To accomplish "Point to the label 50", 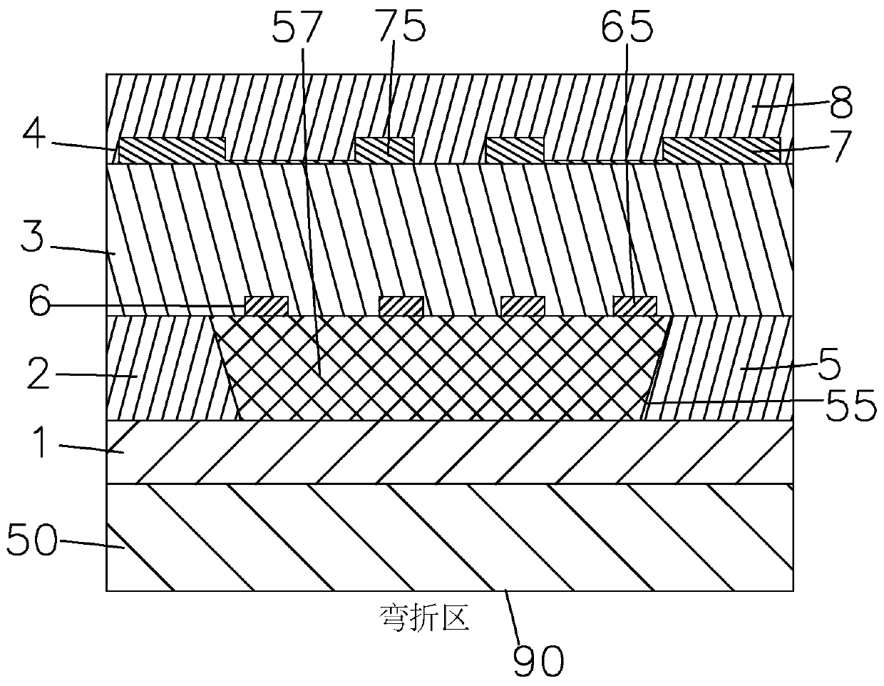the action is [32, 540].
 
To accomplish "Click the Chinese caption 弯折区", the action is [424, 618].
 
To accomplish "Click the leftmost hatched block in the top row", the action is [171, 149].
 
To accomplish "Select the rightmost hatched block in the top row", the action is [721, 149].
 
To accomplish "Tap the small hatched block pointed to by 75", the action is [384, 149].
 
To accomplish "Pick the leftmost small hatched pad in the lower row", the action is [267, 306].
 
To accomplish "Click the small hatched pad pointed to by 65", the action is [634, 306].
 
